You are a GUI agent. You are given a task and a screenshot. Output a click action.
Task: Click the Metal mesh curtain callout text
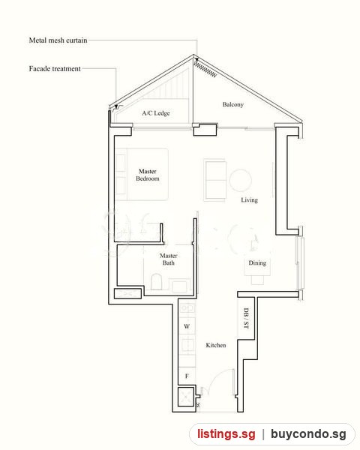coord(58,40)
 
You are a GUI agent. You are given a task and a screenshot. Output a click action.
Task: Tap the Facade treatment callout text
coord(55,68)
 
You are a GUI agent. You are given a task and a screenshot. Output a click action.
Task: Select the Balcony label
coord(232,104)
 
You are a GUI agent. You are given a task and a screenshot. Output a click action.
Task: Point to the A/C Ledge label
coord(156,113)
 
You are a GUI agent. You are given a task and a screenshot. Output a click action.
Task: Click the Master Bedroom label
coord(148,175)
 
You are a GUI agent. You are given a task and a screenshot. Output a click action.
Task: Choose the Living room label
coord(249,200)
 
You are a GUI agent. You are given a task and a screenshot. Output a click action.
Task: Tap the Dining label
coord(257,263)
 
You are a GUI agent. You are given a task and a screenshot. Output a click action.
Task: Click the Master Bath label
coord(169,259)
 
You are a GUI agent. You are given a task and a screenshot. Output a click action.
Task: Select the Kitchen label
coord(216,345)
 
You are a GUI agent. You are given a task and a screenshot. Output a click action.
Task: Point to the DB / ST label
coord(246,318)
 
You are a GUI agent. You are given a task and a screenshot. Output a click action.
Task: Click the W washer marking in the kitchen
coord(187,326)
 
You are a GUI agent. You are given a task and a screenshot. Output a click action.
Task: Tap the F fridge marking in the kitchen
coord(187,376)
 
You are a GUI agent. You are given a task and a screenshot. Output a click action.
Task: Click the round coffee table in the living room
coord(241,180)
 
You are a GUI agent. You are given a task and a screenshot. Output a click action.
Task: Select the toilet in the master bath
coord(156,282)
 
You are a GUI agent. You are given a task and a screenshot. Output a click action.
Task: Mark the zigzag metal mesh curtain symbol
coord(205,69)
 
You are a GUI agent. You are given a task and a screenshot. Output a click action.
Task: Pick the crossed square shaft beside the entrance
coord(185,397)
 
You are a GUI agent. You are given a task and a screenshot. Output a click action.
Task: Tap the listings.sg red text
coord(226,433)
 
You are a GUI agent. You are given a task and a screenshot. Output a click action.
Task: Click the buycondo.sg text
coord(308,434)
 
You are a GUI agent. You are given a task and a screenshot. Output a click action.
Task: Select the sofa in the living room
coord(215,180)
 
